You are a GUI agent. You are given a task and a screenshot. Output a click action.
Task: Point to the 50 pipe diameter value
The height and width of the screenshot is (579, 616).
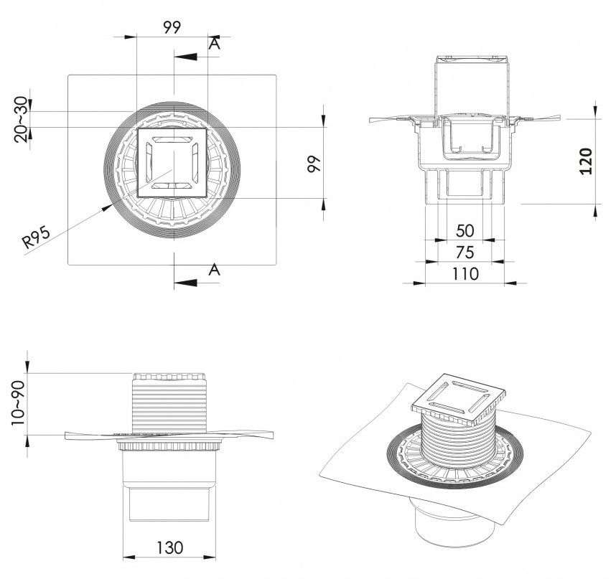(x=465, y=231)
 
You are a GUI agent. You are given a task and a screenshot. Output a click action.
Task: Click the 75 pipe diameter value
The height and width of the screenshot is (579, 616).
(x=465, y=252)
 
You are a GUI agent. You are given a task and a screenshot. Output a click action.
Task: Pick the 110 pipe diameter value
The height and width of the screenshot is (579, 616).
(x=465, y=273)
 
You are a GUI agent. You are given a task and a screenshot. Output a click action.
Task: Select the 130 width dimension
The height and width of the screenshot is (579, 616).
(x=170, y=547)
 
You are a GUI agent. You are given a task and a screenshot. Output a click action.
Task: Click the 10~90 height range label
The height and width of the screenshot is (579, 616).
(x=19, y=403)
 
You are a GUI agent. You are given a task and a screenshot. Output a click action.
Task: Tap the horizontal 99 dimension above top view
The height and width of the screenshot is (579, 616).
(x=172, y=27)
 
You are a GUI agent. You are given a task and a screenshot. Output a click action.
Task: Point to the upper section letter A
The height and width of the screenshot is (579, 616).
(x=213, y=44)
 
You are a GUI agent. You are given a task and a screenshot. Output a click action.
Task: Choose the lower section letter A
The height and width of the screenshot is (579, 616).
(x=213, y=270)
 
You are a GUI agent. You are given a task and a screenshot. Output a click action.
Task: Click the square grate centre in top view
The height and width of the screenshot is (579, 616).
(x=172, y=162)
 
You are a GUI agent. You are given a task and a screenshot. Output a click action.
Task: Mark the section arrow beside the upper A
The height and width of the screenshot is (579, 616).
(x=188, y=57)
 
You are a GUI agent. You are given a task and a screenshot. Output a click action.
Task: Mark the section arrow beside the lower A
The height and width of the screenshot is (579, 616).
(x=188, y=281)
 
